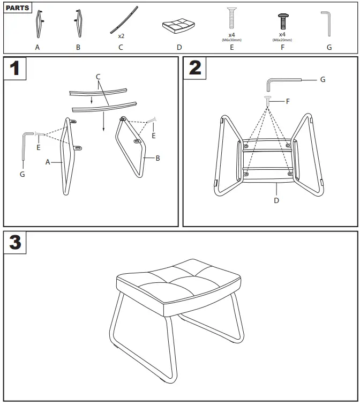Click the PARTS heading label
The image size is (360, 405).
pos(18,8)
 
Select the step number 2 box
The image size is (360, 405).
pos(195,68)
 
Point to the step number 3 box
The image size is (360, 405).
pos(16,243)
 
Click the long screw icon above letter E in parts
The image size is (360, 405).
pos(231,18)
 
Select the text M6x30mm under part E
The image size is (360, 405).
pos(232,40)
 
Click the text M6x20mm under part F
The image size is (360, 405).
pos(282,40)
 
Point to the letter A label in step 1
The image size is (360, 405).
pos(48,162)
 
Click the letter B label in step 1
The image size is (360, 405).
pos(157,158)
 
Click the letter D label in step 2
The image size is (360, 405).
pos(276,201)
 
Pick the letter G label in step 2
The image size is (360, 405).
pos(322,79)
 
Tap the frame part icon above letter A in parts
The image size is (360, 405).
pos(38,25)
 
